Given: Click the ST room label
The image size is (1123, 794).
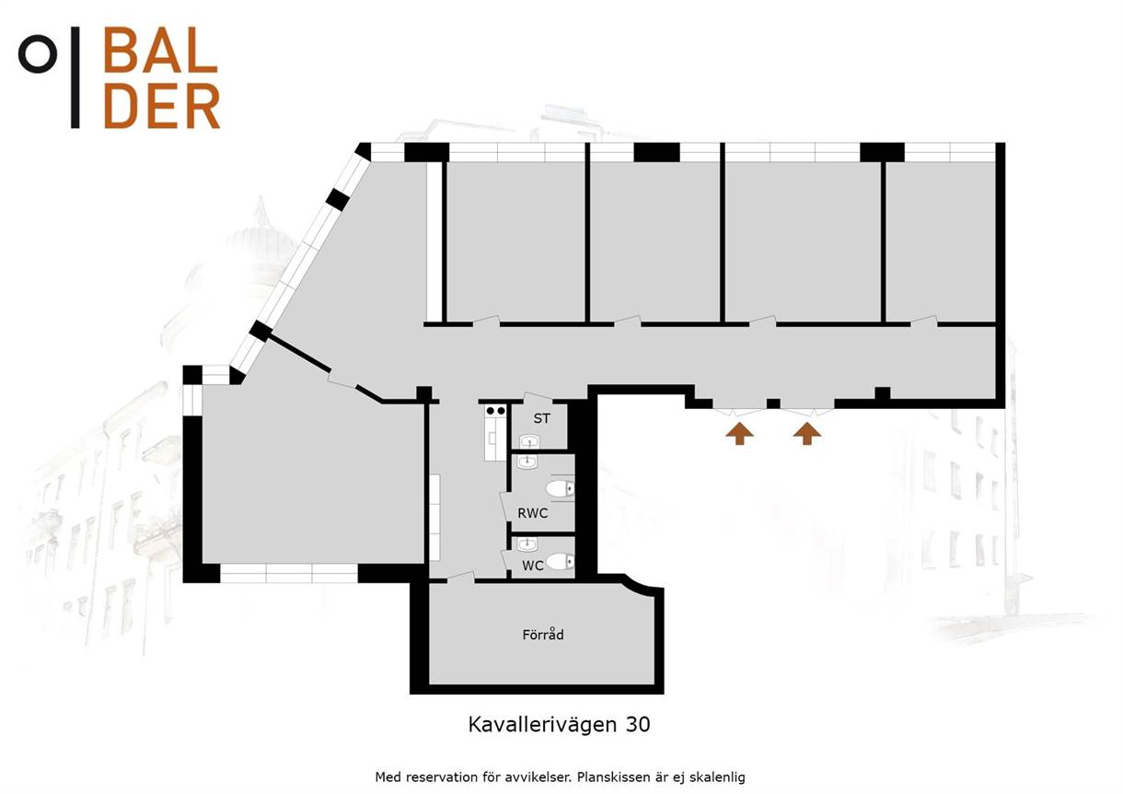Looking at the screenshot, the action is (x=541, y=418).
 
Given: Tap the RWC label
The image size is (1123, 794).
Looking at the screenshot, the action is (x=532, y=513).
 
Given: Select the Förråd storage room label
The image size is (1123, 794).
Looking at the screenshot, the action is (x=543, y=635).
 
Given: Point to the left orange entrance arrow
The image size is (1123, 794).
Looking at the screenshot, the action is (x=739, y=433).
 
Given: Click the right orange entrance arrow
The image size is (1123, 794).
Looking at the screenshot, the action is (x=806, y=433).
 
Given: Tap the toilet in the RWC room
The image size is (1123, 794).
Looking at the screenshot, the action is (x=560, y=489).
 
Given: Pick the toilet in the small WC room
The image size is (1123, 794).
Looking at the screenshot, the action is (x=560, y=561).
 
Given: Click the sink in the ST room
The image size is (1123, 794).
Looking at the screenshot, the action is (x=529, y=442).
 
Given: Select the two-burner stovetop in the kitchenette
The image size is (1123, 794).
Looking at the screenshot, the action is (x=496, y=411).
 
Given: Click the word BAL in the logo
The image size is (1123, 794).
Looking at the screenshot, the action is (x=160, y=50).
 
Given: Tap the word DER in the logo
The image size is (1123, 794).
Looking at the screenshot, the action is (x=161, y=106).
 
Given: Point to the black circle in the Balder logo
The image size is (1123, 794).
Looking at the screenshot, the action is (x=37, y=53).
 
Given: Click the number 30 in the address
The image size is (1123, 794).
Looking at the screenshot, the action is (x=638, y=724).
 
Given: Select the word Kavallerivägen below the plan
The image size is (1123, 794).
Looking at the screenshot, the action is (x=542, y=725).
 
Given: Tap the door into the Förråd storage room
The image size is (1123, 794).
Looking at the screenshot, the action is (x=461, y=578).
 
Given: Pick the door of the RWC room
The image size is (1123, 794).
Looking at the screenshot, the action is (x=505, y=507).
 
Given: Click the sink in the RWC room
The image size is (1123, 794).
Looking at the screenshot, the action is (x=527, y=461).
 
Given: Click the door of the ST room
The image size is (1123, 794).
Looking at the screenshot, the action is (x=538, y=397).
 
